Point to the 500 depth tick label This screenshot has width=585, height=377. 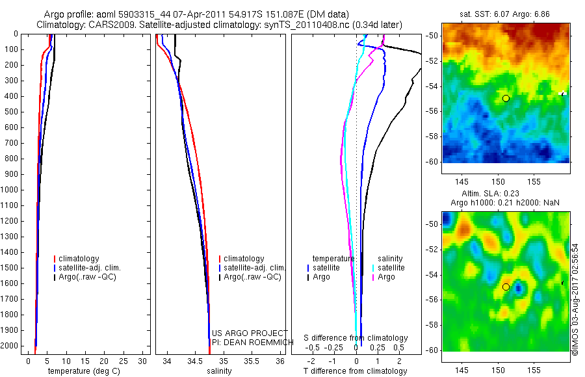12,111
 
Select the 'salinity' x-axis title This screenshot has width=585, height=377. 219,371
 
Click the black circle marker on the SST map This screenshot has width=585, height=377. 506,98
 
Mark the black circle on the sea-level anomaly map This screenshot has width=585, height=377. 506,287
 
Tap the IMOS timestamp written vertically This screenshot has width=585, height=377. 575,299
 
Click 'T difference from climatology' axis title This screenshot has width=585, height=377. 355,371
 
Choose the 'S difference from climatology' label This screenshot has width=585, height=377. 356,339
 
